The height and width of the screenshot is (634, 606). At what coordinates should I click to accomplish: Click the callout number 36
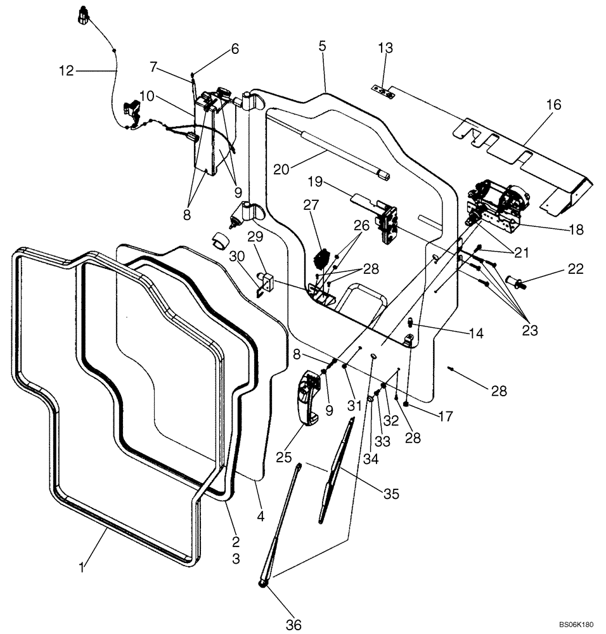pyautogui.click(x=292, y=624)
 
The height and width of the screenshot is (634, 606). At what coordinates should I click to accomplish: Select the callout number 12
pyautogui.click(x=67, y=71)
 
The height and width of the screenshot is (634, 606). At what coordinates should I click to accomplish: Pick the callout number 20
pyautogui.click(x=283, y=169)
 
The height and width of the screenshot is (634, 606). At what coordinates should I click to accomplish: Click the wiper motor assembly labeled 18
pyautogui.click(x=498, y=203)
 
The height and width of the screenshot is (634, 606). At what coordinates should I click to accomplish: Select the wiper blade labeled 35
pyautogui.click(x=337, y=469)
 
